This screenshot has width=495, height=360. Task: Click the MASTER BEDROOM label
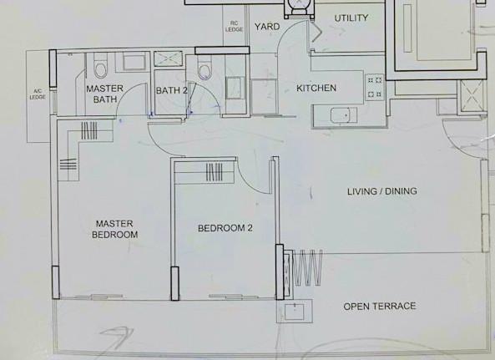pyautogui.click(x=117, y=229)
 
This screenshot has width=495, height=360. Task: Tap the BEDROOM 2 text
pyautogui.click(x=220, y=228)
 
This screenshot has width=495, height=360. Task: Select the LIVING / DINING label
pyautogui.click(x=381, y=191)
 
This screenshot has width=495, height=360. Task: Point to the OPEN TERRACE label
pyautogui.click(x=379, y=307)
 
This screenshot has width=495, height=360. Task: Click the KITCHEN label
pyautogui.click(x=316, y=88)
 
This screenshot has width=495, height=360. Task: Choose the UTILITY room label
pyautogui.click(x=351, y=18)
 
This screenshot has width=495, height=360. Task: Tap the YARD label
pyautogui.click(x=267, y=27)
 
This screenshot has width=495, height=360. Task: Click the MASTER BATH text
pyautogui.click(x=105, y=94)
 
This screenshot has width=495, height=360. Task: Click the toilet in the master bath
pyautogui.click(x=99, y=64)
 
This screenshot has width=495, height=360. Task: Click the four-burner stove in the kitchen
pyautogui.click(x=374, y=87)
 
